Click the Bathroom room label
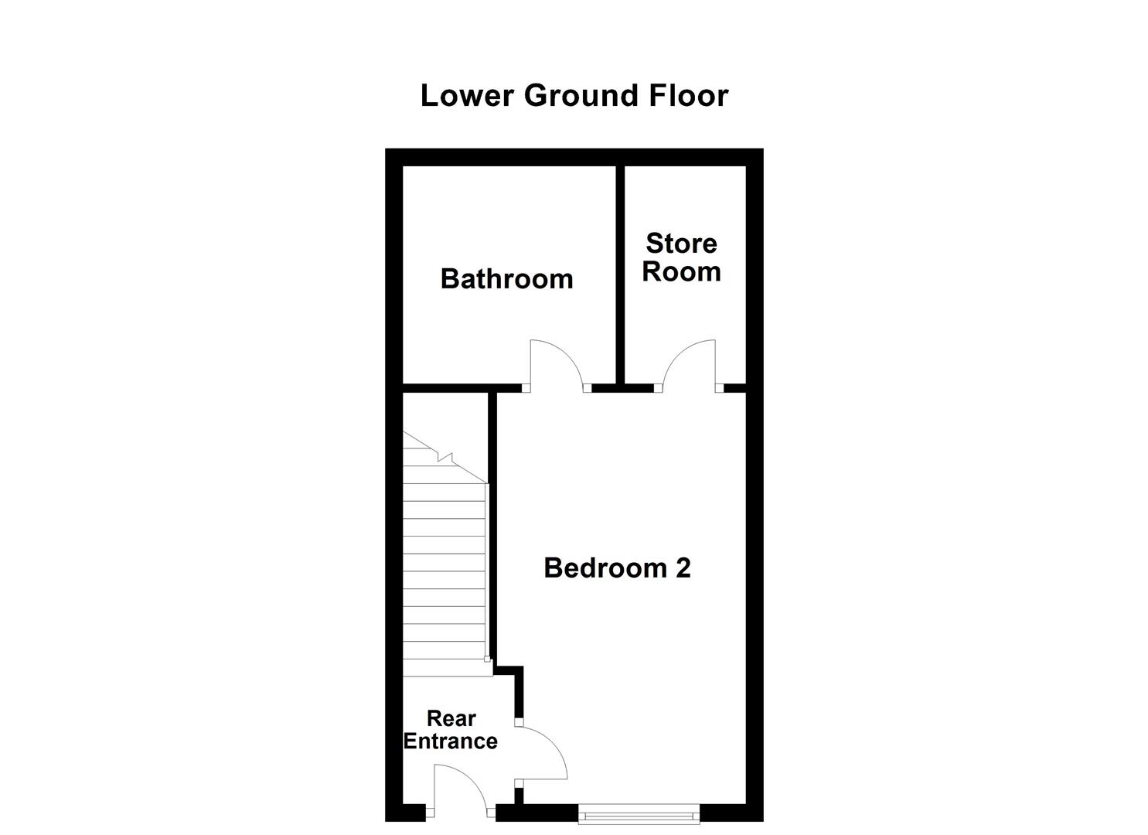[506, 279]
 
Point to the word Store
[681, 244]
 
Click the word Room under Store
[681, 272]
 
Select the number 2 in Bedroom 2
[683, 568]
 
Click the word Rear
[451, 719]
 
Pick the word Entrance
[451, 741]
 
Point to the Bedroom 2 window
[639, 813]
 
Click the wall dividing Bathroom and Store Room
[620, 274]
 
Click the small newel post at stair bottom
[487, 659]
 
